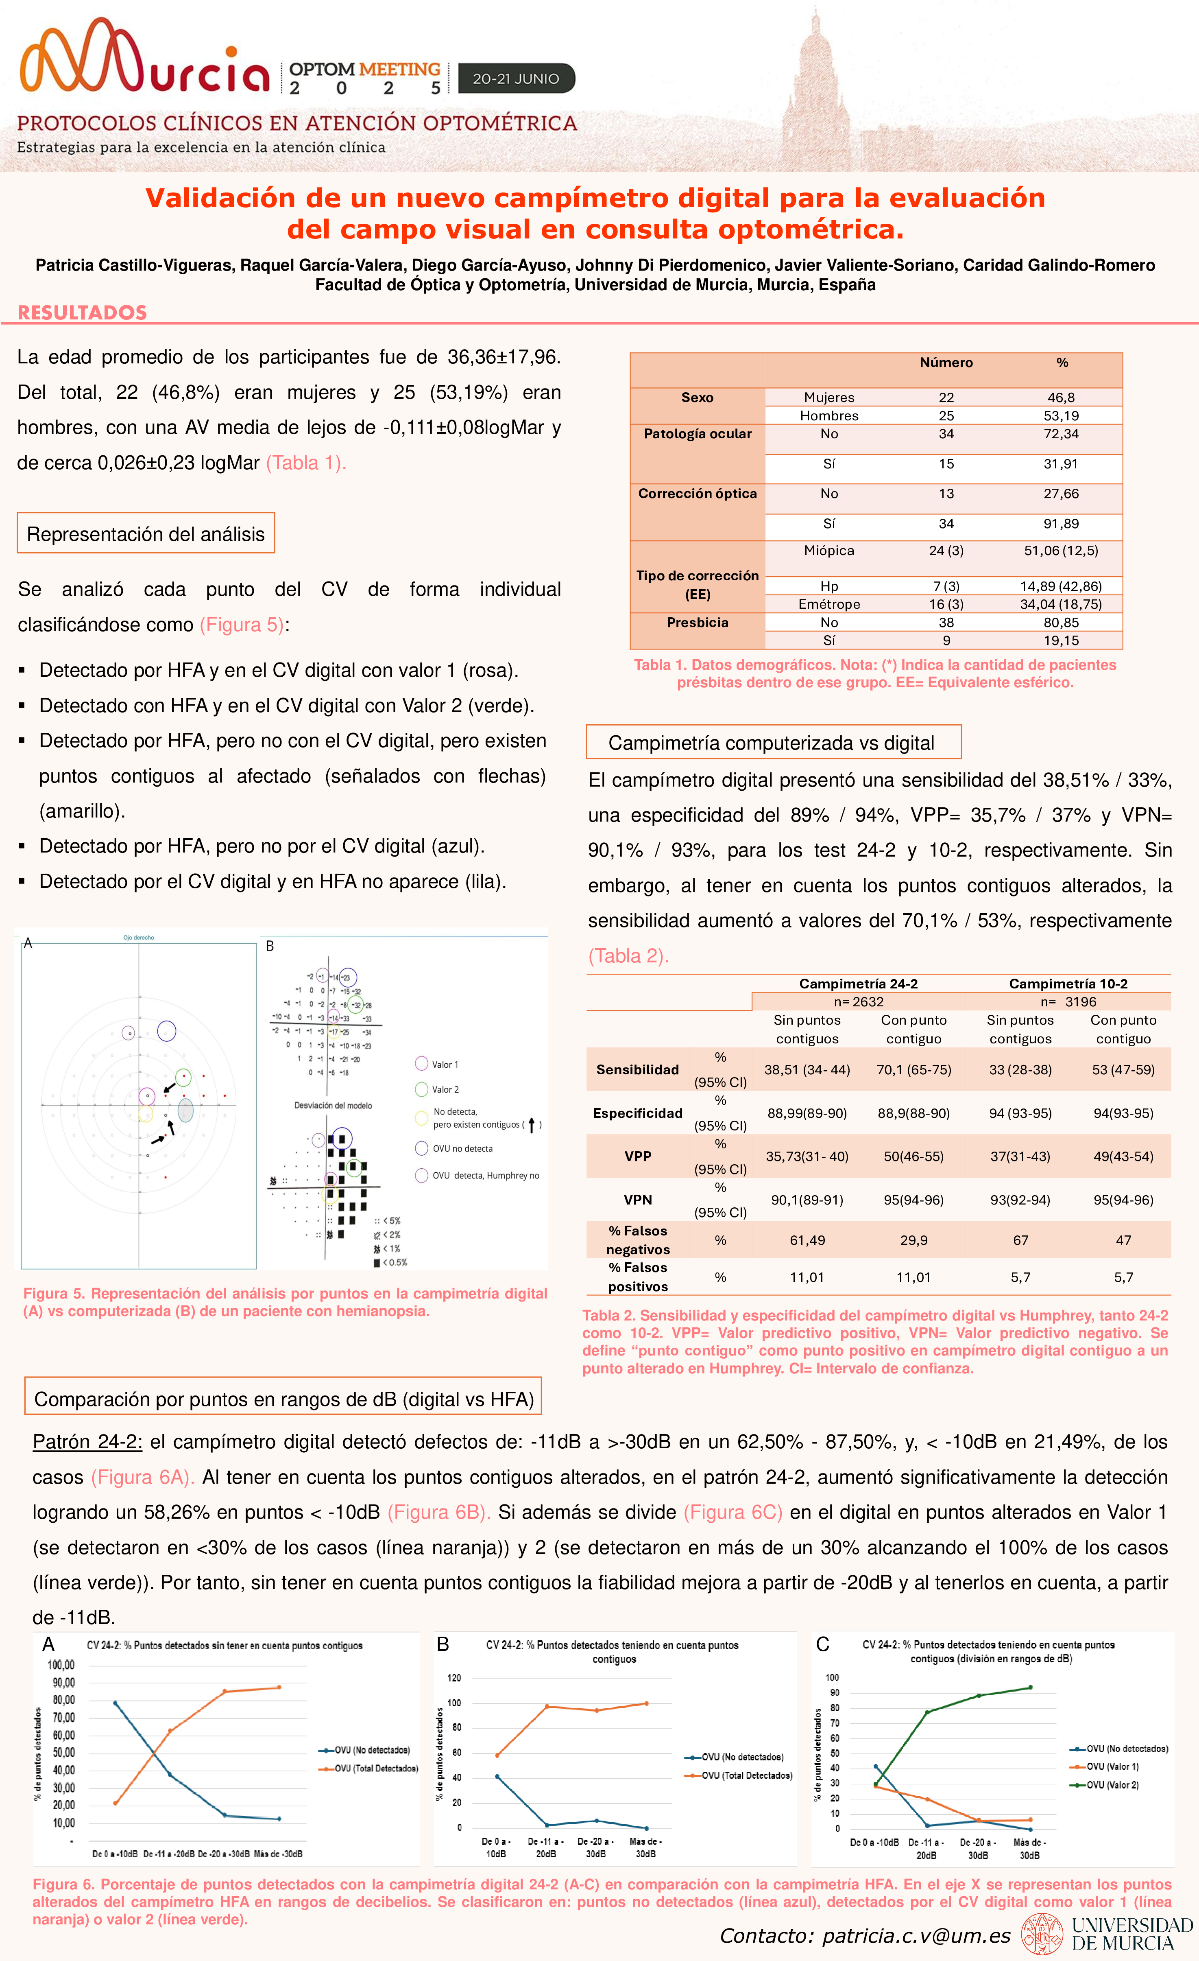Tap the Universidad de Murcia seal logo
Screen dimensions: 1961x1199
click(1042, 1934)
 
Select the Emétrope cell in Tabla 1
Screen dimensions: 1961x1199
click(829, 604)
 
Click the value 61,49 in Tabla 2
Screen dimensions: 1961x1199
click(807, 1240)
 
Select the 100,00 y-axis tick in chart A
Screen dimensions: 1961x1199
click(61, 1665)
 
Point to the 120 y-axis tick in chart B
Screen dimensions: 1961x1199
click(454, 1678)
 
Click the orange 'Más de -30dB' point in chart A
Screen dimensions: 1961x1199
click(279, 1687)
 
